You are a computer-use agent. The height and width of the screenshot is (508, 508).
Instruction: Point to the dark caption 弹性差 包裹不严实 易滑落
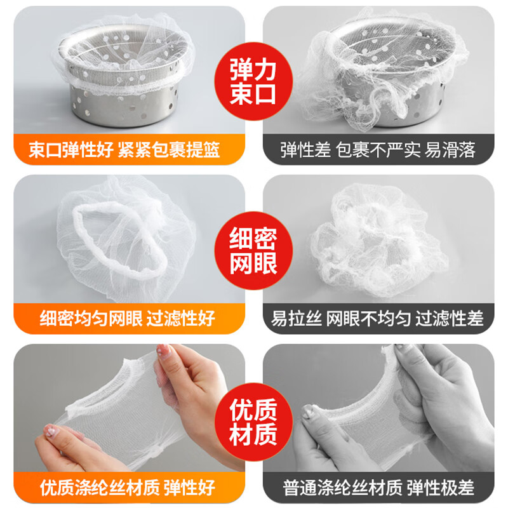pos(378,150)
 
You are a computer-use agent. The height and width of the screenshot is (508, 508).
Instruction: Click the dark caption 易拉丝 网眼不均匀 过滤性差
pos(378,317)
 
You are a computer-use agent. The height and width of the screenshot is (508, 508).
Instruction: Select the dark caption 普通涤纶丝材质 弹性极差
pos(378,488)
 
